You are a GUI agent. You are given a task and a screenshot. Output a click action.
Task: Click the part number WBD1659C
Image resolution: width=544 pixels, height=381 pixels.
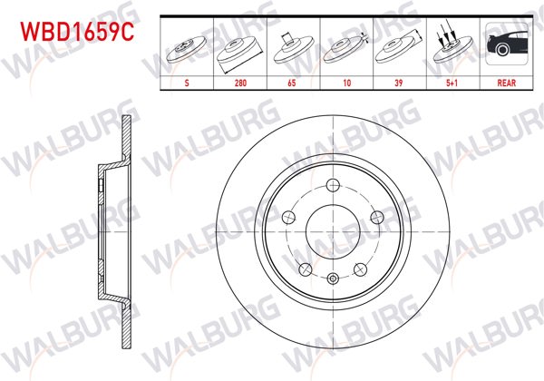click(x=77, y=33)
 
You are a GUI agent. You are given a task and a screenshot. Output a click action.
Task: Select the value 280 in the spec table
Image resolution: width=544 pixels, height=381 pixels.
click(x=240, y=81)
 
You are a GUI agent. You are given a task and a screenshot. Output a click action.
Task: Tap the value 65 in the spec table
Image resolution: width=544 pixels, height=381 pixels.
click(x=292, y=81)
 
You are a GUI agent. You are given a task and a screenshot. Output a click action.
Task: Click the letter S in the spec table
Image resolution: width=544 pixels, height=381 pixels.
click(x=187, y=81)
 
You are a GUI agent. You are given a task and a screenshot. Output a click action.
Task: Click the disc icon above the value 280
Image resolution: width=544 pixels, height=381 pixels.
click(x=239, y=50)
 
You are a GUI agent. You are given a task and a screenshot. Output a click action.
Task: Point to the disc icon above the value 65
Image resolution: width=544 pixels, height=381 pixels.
click(x=292, y=49)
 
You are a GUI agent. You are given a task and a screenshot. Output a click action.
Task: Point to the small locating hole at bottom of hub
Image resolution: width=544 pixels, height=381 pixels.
click(x=333, y=278)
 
